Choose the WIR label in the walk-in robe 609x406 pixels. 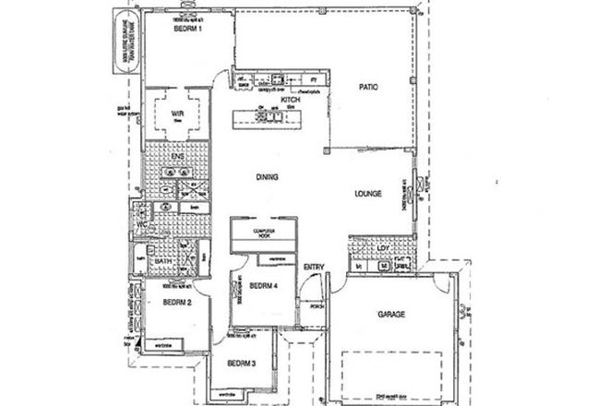(179, 115)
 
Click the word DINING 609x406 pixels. (269, 176)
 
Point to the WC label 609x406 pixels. (143, 224)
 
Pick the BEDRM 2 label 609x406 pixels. (176, 302)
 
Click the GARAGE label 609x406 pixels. (392, 314)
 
